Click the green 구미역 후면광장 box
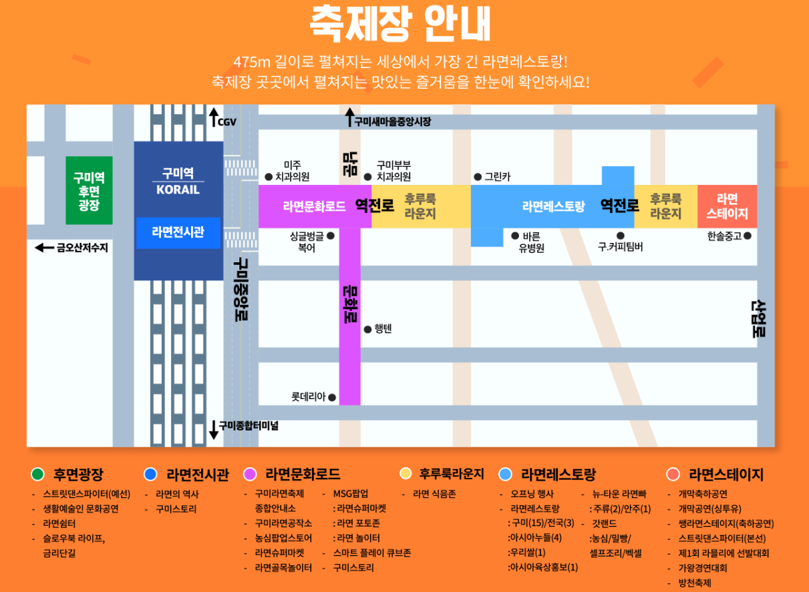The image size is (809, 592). click(x=89, y=190)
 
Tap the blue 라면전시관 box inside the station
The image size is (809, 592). click(x=178, y=233)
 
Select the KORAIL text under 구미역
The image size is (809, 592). click(x=178, y=190)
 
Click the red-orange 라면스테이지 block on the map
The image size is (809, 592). click(x=727, y=207)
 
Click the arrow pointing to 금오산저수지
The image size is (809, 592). click(x=44, y=248)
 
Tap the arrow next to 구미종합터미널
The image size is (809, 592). click(x=214, y=429)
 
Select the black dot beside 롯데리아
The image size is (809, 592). click(x=332, y=398)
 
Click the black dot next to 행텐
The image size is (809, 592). click(x=367, y=330)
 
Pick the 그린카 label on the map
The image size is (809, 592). click(x=498, y=177)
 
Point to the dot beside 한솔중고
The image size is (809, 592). click(x=748, y=236)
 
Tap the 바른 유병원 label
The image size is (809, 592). click(x=532, y=242)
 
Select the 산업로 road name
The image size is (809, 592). click(x=758, y=319)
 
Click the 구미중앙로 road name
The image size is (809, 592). click(x=238, y=290)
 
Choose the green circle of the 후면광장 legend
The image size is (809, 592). click(x=37, y=475)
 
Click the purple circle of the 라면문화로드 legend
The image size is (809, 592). click(x=251, y=475)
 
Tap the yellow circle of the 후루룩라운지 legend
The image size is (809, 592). click(x=405, y=474)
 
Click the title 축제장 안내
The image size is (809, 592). click(x=400, y=25)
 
